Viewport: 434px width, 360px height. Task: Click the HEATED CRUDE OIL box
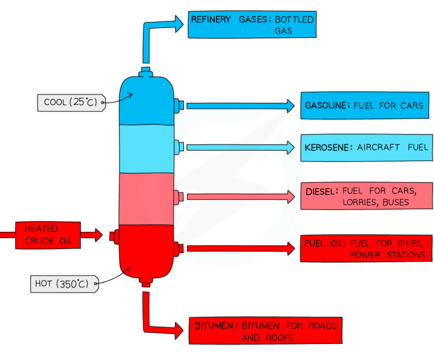click(48, 235)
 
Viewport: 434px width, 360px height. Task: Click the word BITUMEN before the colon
click(216, 326)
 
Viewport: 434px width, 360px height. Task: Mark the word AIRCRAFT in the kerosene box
click(378, 147)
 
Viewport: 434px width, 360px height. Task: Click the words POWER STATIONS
click(387, 255)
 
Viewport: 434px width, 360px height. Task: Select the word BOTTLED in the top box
click(294, 20)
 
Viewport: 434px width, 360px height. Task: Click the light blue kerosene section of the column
click(146, 149)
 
